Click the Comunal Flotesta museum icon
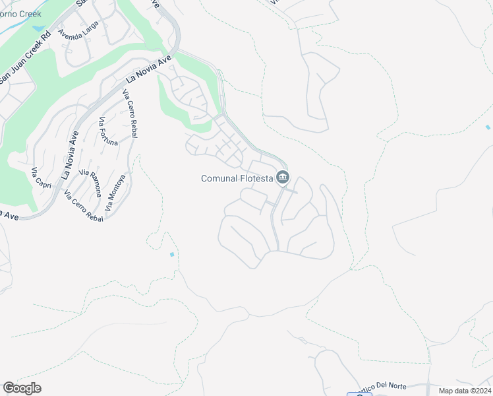[x=283, y=178]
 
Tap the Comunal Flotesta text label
[x=237, y=178]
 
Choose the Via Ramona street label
[x=91, y=182]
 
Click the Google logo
[x=22, y=388]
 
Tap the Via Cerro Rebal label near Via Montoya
[x=84, y=206]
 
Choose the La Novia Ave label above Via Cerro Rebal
[x=148, y=69]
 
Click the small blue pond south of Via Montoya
[x=172, y=254]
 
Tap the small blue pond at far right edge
[x=488, y=127]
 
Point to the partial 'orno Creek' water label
[x=21, y=13]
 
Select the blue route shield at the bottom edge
[x=359, y=394]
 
